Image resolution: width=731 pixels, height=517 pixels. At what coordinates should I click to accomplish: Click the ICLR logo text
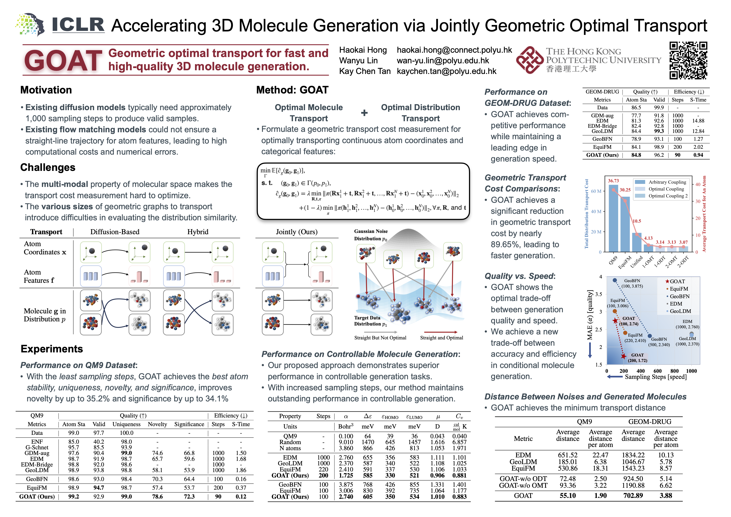click(78, 25)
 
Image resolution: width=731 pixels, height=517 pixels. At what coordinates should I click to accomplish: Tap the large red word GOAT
click(63, 61)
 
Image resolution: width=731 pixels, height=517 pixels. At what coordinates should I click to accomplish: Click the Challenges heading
click(48, 167)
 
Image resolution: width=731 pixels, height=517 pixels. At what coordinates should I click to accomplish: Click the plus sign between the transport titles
click(364, 113)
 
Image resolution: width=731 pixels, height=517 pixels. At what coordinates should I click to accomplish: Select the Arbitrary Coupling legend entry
click(667, 182)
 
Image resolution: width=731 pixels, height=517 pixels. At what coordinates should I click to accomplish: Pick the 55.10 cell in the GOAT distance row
click(567, 496)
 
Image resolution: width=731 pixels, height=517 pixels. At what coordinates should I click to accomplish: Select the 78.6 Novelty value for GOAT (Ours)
click(157, 496)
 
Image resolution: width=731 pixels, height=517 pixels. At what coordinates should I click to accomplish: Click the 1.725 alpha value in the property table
click(346, 475)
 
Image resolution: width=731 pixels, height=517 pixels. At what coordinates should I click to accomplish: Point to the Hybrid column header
click(198, 232)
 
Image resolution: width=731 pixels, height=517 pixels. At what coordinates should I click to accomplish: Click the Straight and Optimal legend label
click(441, 338)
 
